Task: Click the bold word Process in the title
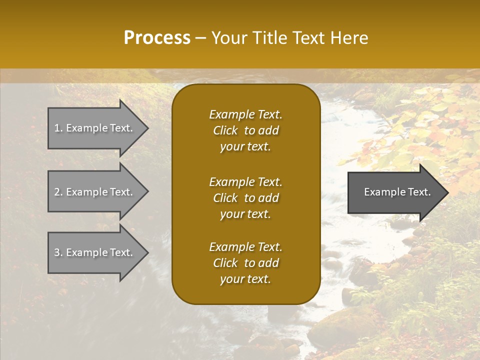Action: (x=157, y=38)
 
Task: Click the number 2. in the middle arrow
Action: (x=58, y=192)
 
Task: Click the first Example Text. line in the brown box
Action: (x=245, y=114)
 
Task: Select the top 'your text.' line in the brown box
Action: (x=245, y=147)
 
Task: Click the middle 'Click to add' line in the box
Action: (x=245, y=198)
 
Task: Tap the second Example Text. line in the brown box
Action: (x=245, y=182)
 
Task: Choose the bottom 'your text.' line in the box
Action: (x=245, y=279)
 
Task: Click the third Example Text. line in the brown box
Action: (x=245, y=247)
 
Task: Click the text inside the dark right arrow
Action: (x=397, y=192)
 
